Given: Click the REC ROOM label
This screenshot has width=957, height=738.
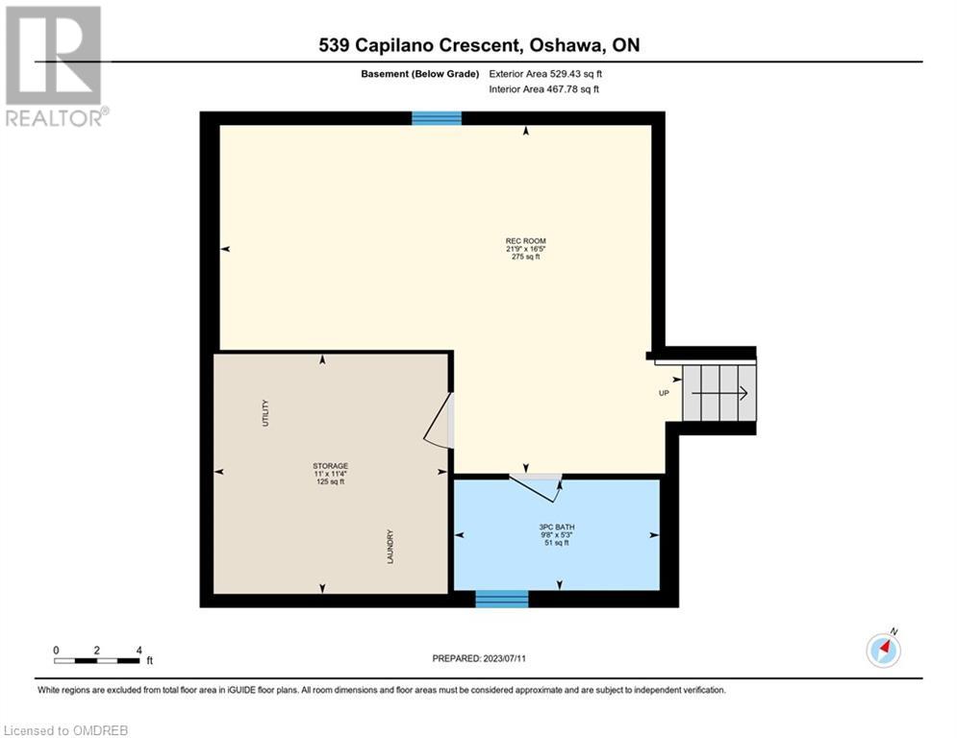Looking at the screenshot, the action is pyautogui.click(x=525, y=241).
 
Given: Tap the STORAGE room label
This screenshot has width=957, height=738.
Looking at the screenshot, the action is pyautogui.click(x=330, y=466).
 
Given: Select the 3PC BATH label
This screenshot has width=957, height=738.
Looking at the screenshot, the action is pyautogui.click(x=557, y=527).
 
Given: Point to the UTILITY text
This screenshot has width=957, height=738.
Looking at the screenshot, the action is pyautogui.click(x=264, y=413).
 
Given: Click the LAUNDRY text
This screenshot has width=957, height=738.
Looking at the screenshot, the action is pyautogui.click(x=390, y=547).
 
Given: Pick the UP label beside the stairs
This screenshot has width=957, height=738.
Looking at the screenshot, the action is pyautogui.click(x=664, y=393).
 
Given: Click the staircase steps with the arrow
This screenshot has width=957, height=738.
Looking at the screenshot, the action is pyautogui.click(x=719, y=393).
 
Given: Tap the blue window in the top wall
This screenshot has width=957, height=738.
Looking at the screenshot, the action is pyautogui.click(x=437, y=118).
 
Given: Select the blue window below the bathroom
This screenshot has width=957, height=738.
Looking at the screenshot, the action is pyautogui.click(x=502, y=599).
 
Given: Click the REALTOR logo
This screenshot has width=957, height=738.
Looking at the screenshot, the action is pyautogui.click(x=55, y=66).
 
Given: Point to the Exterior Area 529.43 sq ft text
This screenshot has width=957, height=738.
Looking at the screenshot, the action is pyautogui.click(x=545, y=74).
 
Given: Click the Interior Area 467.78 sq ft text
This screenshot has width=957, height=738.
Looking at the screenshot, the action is pyautogui.click(x=543, y=89).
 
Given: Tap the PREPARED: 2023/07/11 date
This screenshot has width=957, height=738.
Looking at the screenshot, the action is pyautogui.click(x=479, y=658).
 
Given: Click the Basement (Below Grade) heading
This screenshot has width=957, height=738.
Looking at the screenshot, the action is pyautogui.click(x=420, y=74).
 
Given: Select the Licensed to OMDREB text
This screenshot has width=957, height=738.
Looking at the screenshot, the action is pyautogui.click(x=66, y=730).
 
